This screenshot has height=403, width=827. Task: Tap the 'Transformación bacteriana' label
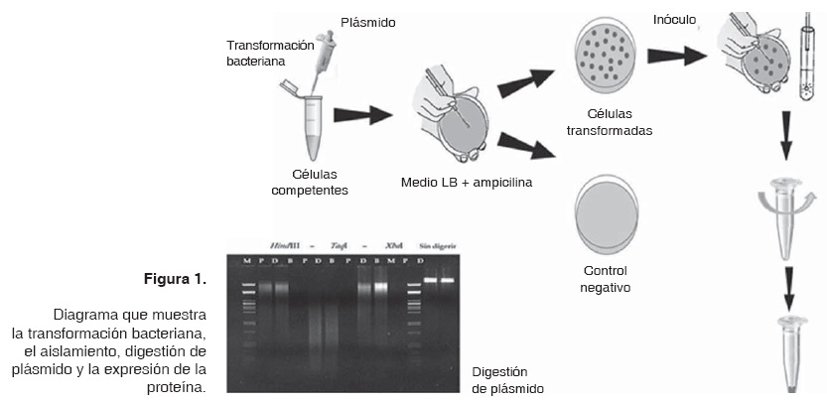(x=270, y=53)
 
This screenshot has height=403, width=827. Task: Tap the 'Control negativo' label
(x=608, y=278)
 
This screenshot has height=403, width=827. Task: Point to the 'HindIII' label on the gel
(x=286, y=245)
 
